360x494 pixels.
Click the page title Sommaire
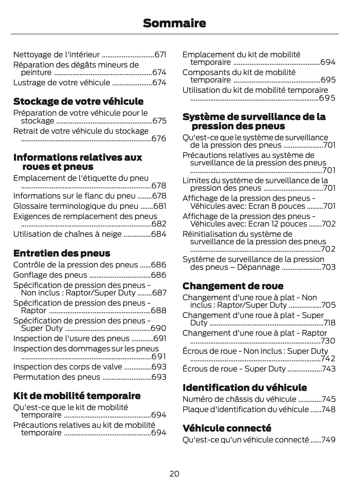(174, 23)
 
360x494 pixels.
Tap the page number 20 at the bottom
(174, 474)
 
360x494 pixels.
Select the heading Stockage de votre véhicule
(78, 101)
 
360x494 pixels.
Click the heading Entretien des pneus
(62, 253)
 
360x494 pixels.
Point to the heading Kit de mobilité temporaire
(77, 396)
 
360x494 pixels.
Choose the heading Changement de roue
(233, 286)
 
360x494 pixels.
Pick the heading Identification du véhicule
(244, 388)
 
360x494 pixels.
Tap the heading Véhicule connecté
(227, 428)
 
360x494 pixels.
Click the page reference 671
(160, 55)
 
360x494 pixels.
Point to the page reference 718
(329, 323)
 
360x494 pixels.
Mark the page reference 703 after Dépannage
(328, 267)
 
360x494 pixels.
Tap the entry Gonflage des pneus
(50, 275)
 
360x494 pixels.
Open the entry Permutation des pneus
(57, 377)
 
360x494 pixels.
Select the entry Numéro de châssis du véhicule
(239, 399)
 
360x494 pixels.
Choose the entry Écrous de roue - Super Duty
(234, 369)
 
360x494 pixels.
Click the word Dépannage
(260, 267)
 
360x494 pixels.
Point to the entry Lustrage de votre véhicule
(62, 83)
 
